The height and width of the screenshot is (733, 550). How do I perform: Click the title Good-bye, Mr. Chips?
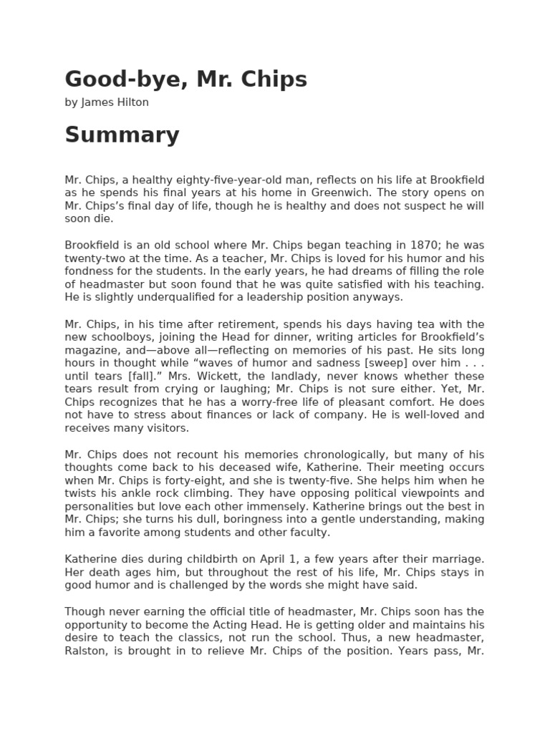pyautogui.click(x=185, y=79)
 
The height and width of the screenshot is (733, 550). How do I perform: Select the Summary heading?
pyautogui.click(x=122, y=135)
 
